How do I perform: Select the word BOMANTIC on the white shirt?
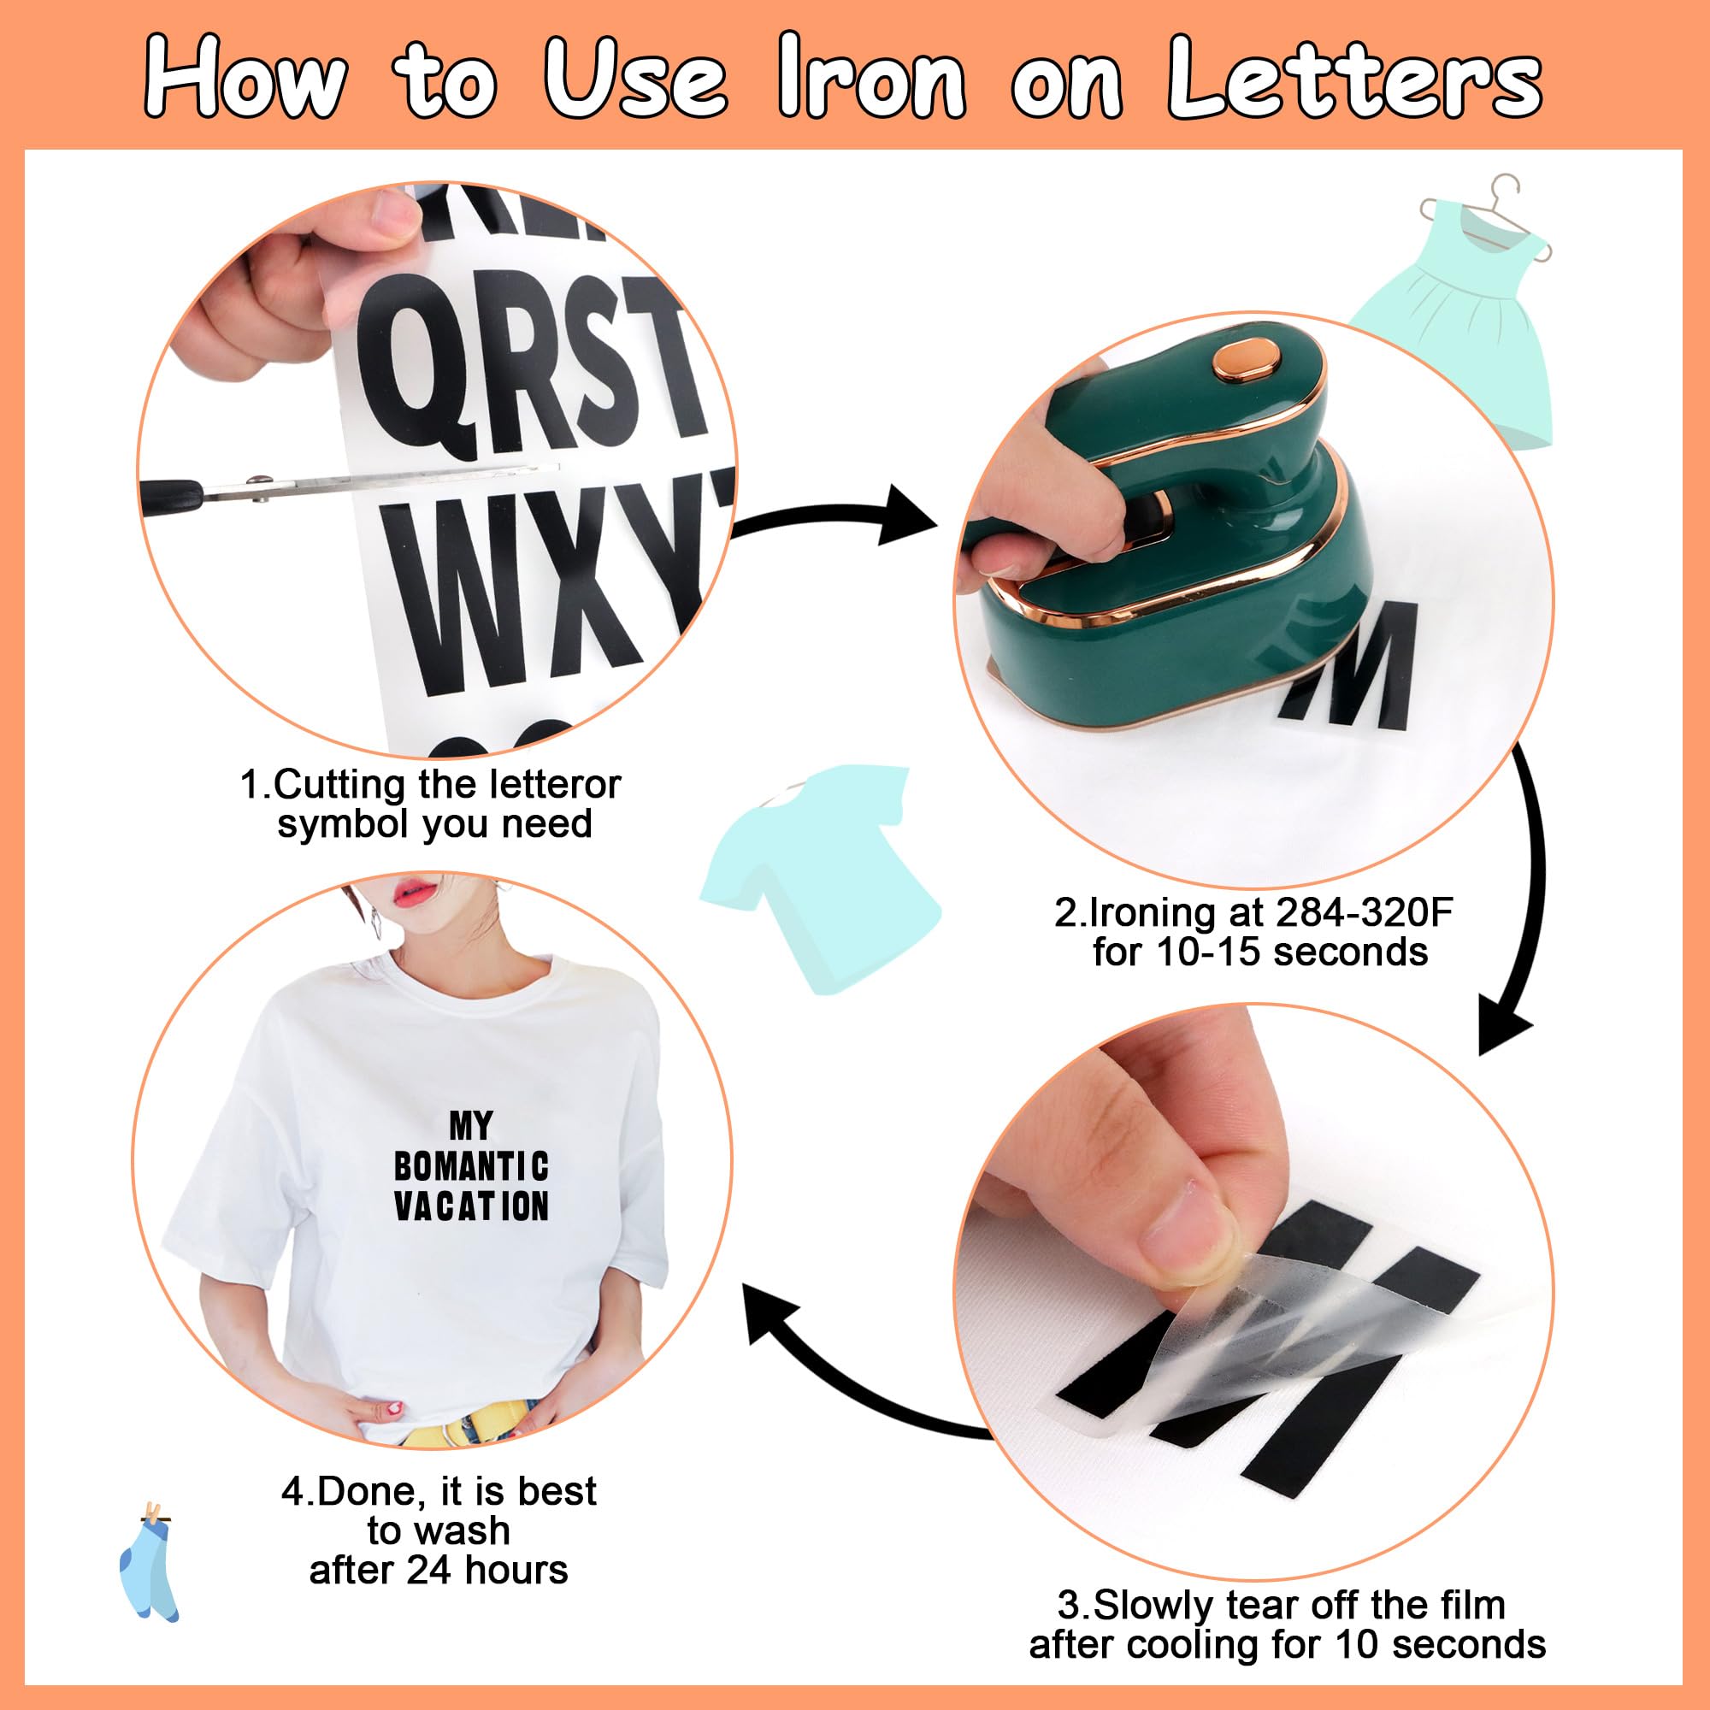click(472, 1166)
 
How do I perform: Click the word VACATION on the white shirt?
click(472, 1206)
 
